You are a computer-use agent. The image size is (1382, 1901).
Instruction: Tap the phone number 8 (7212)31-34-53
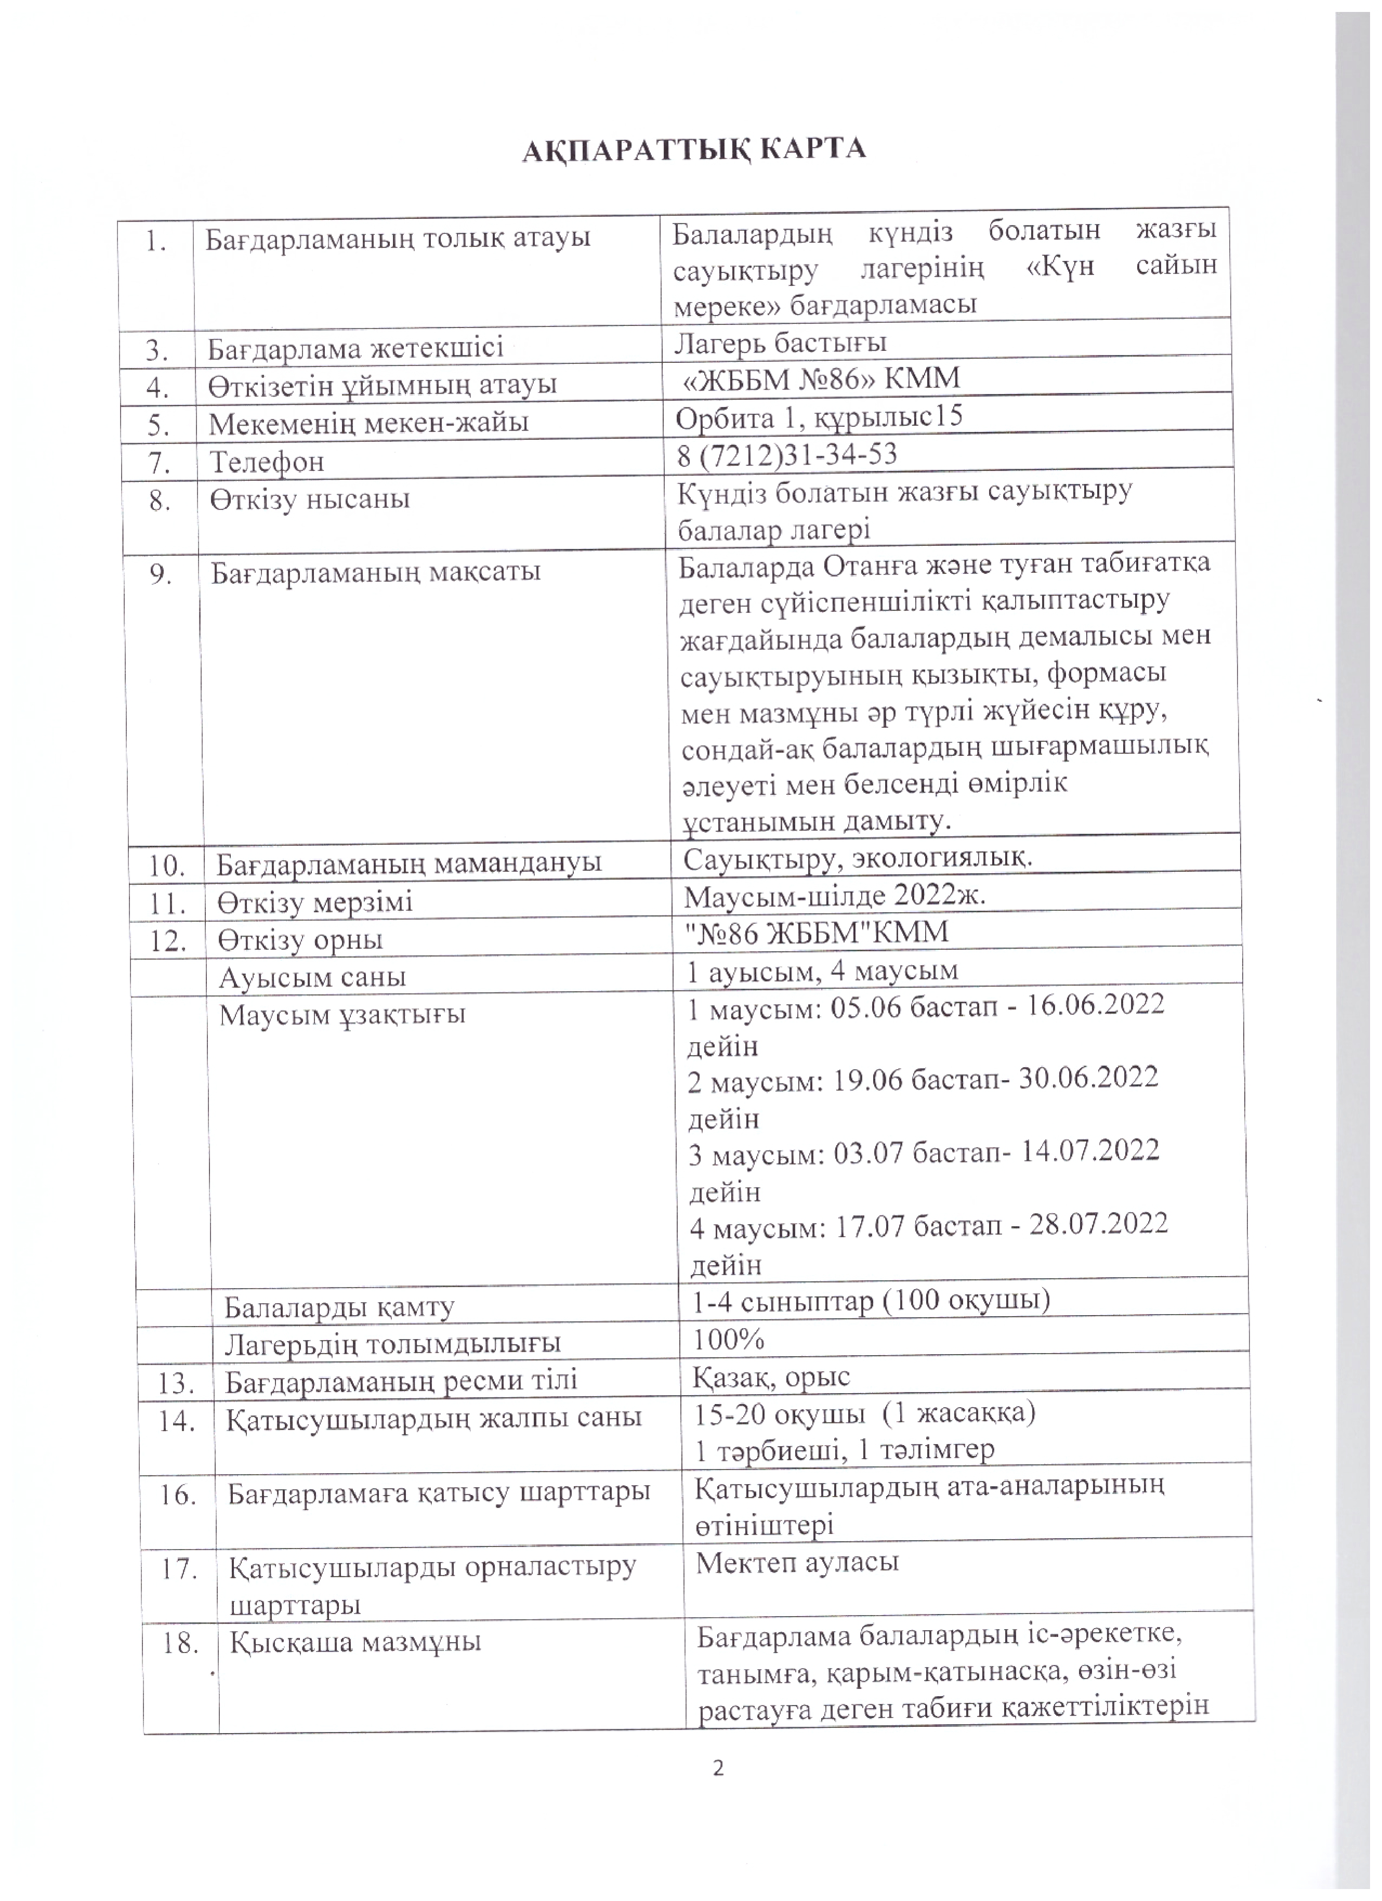coord(787,454)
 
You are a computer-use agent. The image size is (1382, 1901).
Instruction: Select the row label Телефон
coord(267,462)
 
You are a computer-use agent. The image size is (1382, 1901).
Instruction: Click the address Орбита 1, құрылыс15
coord(819,416)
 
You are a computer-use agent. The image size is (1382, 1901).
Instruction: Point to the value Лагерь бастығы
coord(780,342)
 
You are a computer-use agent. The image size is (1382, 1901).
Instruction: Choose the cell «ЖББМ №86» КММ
coord(821,379)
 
